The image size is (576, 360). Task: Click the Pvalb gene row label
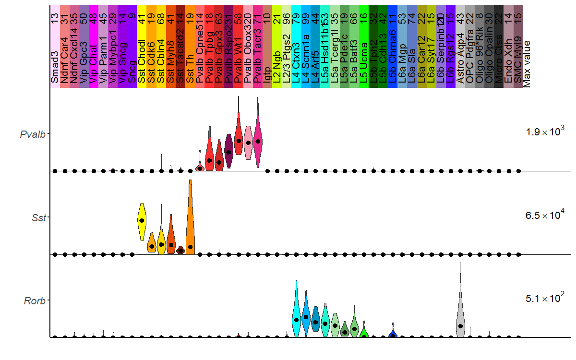pos(33,134)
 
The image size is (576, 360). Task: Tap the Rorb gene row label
pos(35,301)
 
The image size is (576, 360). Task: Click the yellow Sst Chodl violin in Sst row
pos(142,221)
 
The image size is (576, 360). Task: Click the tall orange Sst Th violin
pos(190,226)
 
